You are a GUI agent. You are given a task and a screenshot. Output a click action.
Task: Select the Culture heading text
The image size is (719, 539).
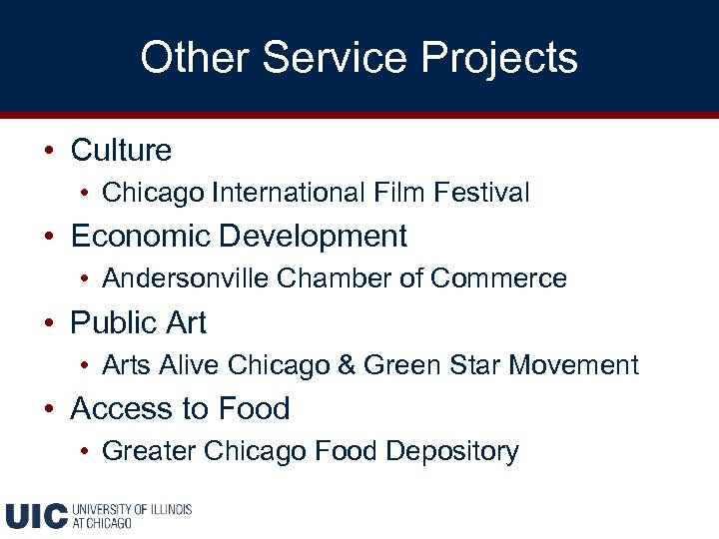coord(121,151)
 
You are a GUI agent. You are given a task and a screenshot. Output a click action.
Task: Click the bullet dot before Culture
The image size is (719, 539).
coord(48,152)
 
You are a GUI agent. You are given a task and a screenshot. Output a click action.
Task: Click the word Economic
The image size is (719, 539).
coord(141,237)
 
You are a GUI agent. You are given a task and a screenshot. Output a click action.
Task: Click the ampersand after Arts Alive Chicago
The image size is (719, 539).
coord(347,365)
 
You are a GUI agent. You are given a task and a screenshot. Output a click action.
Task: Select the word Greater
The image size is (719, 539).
coord(148,451)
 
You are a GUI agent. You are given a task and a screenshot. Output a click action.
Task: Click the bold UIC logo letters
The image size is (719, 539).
coord(37,515)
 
